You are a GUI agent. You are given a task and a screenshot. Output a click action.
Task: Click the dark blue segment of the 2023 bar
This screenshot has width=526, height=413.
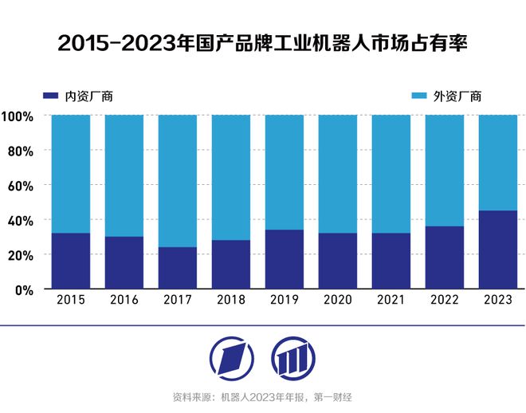click(x=497, y=249)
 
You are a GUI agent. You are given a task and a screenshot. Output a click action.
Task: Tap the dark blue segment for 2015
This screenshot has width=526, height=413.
click(x=70, y=260)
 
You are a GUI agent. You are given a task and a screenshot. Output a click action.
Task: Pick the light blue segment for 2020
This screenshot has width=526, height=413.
click(x=337, y=174)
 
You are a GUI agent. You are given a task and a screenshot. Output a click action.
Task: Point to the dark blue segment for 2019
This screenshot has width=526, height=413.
click(x=284, y=258)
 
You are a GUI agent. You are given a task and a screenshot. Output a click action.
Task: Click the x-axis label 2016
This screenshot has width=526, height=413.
click(x=124, y=301)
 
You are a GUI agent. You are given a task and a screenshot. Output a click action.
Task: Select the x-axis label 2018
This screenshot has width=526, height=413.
click(x=230, y=301)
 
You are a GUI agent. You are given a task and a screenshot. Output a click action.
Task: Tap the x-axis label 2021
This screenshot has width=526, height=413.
click(x=391, y=301)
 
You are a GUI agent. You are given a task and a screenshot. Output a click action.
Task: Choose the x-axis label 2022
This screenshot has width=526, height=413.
click(x=444, y=301)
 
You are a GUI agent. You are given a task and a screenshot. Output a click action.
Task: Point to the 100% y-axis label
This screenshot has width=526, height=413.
click(x=17, y=116)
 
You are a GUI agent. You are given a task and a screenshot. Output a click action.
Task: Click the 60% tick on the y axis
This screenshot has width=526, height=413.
click(x=20, y=185)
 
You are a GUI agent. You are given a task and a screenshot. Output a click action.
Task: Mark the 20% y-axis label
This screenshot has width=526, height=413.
click(x=20, y=254)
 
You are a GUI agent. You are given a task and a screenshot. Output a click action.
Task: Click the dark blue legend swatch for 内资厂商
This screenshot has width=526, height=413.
click(x=50, y=96)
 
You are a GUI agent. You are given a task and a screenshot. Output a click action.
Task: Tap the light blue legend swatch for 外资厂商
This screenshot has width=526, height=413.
click(x=418, y=96)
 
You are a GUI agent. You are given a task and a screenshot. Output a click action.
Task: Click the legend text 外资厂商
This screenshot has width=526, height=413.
click(x=457, y=96)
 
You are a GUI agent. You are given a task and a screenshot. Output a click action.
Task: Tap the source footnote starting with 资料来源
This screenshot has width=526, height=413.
click(x=262, y=397)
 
